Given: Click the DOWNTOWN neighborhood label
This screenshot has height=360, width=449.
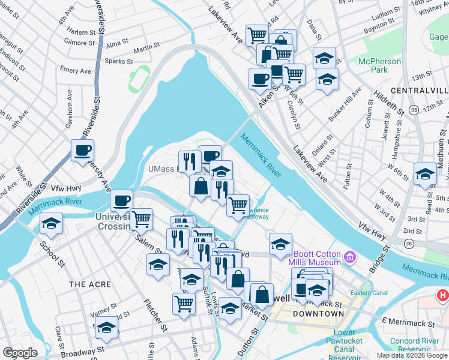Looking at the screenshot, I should click(318, 314).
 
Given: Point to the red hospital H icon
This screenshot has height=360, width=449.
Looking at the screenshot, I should click(443, 295).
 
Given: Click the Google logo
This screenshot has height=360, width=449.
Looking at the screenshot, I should click(20, 353).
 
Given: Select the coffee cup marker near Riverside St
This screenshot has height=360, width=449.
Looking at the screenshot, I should click(83, 150).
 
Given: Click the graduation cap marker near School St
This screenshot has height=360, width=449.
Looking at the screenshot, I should click(52, 224).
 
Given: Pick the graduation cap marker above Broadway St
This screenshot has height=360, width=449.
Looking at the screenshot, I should click(106, 327).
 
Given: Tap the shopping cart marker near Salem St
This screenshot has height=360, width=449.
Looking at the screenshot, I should click(141, 219).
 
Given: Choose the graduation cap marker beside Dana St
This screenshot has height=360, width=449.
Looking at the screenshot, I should click(324, 58).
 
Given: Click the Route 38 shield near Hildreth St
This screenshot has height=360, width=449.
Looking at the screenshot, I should click(414, 109).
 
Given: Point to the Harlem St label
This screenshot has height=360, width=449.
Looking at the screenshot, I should click(81, 32).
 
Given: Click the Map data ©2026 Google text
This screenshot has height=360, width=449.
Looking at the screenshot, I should click(411, 355).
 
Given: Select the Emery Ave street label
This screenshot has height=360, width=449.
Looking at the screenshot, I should click(76, 71).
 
